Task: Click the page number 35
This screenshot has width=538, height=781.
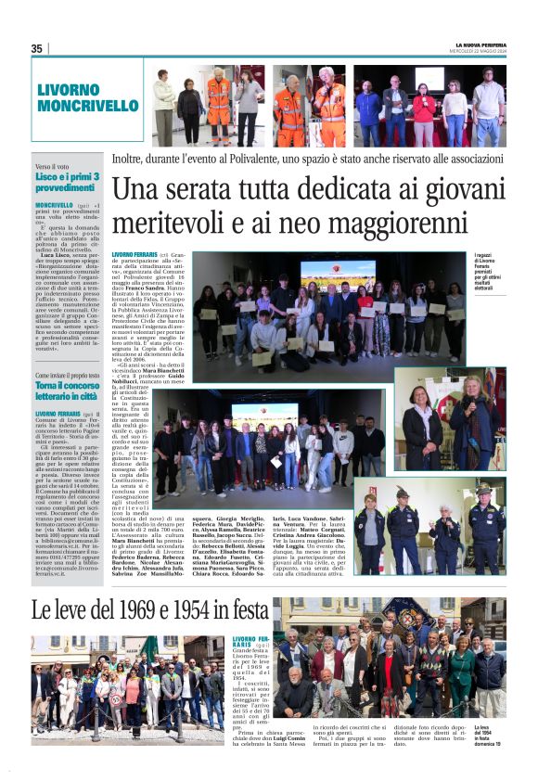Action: tap(37, 48)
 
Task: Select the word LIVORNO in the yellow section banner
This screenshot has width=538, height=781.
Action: tap(69, 90)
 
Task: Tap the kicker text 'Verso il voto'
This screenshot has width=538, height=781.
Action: tap(53, 166)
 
